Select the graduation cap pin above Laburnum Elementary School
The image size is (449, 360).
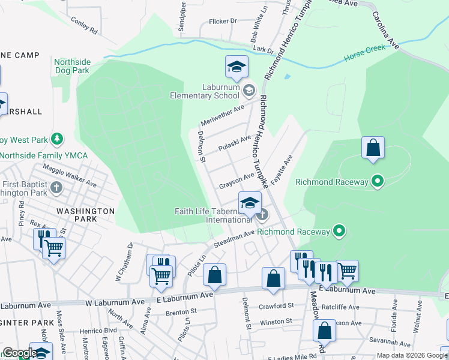coord(237,67)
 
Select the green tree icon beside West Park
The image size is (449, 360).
coord(57,140)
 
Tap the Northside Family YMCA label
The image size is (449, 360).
coord(44,156)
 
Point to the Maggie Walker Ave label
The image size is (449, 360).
coord(69,178)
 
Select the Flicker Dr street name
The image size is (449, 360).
coord(223,21)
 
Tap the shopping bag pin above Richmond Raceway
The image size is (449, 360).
coord(372,149)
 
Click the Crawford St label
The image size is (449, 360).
coord(273,305)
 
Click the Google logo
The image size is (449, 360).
coord(19,353)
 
